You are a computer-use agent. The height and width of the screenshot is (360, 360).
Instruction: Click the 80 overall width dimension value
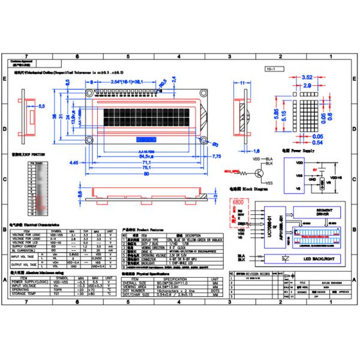(x=146, y=175)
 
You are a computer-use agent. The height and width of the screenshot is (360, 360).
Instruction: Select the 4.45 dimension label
(x=75, y=162)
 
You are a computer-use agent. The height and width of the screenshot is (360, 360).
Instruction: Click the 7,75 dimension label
(x=217, y=155)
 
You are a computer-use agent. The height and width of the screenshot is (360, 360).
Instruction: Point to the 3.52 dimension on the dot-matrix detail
(x=307, y=77)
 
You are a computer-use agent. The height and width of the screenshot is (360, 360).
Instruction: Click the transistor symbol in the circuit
(x=260, y=173)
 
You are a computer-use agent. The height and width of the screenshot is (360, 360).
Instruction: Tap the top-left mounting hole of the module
(x=90, y=93)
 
